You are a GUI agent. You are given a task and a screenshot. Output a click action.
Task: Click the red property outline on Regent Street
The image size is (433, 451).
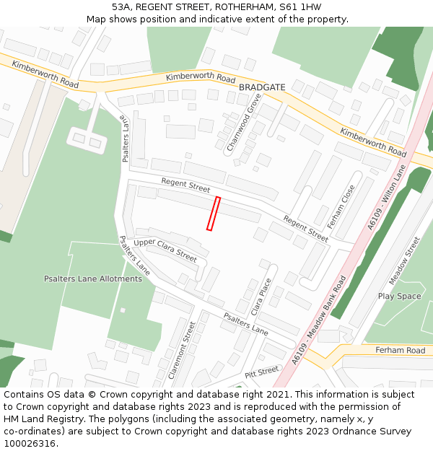213,214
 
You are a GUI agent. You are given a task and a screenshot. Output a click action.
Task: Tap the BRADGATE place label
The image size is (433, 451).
262,87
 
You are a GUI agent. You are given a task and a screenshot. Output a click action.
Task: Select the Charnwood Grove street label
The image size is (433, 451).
244,123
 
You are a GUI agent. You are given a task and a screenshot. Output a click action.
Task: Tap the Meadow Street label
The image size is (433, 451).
404,260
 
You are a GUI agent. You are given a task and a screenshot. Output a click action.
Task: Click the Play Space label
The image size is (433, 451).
399,297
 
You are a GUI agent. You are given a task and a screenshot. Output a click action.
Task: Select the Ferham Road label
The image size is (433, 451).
400,350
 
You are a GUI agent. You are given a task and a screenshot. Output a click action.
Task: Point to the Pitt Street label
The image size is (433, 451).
261,372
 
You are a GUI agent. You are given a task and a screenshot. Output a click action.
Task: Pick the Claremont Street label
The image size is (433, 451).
182,351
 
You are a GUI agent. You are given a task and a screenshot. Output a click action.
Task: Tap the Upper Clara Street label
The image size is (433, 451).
165,250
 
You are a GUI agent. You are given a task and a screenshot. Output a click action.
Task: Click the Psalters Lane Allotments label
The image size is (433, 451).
93,279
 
